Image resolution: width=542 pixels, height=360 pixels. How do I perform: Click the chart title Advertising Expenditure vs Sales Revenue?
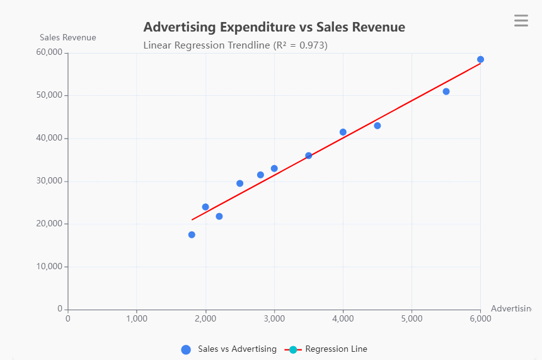click(274, 27)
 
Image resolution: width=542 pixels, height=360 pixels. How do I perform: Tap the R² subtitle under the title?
click(235, 45)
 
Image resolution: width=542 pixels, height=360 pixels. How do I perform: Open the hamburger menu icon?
click(521, 21)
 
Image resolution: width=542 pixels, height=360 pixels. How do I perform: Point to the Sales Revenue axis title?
click(68, 37)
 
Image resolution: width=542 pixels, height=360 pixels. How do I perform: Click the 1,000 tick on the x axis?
click(137, 318)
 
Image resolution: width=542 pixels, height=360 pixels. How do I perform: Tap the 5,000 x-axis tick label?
click(412, 318)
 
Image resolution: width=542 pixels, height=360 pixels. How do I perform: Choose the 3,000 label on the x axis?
click(274, 318)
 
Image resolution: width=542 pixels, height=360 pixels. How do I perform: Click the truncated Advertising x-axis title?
click(511, 308)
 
